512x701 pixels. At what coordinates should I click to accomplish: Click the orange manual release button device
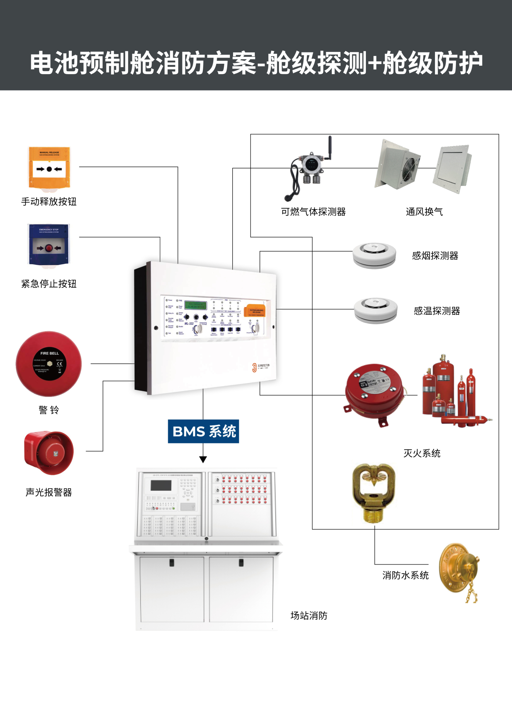49,168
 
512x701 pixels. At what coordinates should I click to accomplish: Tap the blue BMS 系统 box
203,431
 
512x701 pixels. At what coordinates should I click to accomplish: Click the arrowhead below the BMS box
203,459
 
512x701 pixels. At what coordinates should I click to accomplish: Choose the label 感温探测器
437,311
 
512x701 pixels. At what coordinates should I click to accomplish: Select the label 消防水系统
405,575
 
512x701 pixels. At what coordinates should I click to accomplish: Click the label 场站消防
309,615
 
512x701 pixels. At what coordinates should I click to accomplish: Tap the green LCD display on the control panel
195,305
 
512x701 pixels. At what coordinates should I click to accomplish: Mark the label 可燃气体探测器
313,212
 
